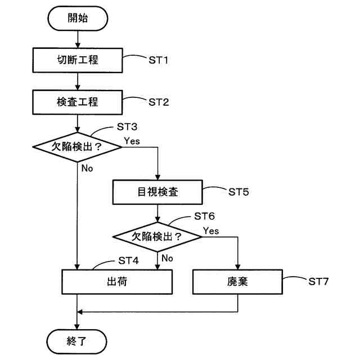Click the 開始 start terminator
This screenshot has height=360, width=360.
[78, 19]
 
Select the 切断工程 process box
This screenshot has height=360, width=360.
[78, 59]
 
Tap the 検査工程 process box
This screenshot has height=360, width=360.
[78, 102]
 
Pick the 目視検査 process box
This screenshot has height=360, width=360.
[158, 192]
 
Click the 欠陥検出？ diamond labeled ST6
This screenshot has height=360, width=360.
[158, 236]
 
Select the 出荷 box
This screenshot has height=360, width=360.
[117, 281]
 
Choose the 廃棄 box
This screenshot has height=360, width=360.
[238, 281]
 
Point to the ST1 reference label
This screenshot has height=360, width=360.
[159, 60]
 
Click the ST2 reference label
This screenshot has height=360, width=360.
[159, 102]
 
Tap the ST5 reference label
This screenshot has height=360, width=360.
[238, 192]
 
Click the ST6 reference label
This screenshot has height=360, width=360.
[204, 216]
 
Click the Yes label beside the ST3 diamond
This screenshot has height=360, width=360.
[132, 141]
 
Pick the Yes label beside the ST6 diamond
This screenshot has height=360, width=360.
[211, 231]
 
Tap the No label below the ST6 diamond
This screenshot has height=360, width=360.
[167, 258]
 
